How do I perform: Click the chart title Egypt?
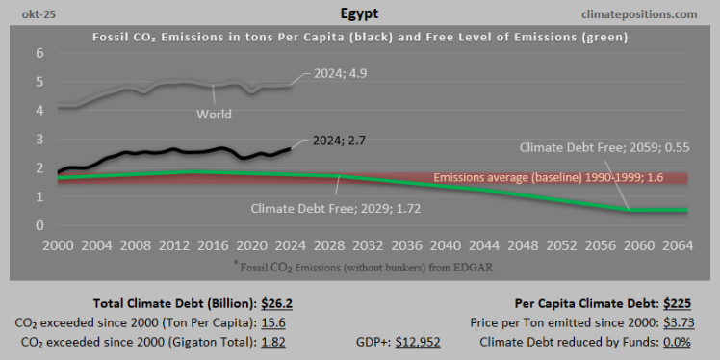coord(359,14)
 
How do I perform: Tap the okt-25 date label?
coord(37,14)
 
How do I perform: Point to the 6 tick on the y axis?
coord(40,53)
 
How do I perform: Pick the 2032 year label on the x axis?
coord(374,244)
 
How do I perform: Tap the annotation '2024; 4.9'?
coord(343,73)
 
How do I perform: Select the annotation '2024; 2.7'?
coord(340,141)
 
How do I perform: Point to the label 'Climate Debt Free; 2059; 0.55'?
coord(604,149)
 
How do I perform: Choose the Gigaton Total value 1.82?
coord(274,340)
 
